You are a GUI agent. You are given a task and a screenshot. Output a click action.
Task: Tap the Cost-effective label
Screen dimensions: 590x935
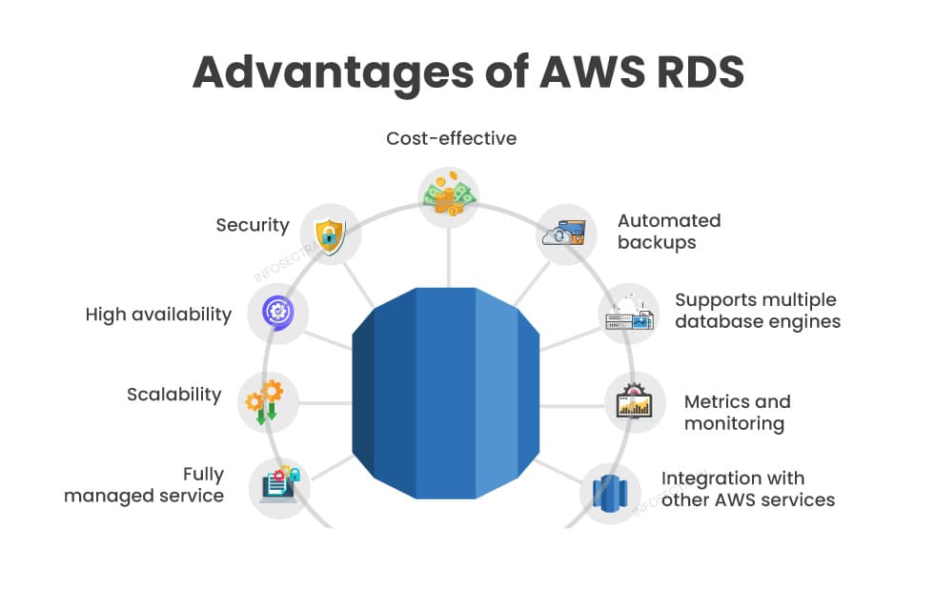pyautogui.click(x=451, y=138)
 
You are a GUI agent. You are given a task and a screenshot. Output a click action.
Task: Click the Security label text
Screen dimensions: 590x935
pyautogui.click(x=252, y=225)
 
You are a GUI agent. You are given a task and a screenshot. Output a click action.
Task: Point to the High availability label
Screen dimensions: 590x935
pyautogui.click(x=158, y=314)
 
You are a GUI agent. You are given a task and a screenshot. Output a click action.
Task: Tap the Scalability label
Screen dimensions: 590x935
pyautogui.click(x=173, y=394)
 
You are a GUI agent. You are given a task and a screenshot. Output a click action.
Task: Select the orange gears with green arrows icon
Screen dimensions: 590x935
pyautogui.click(x=264, y=401)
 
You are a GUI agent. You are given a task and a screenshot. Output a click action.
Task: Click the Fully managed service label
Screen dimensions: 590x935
pyautogui.click(x=144, y=484)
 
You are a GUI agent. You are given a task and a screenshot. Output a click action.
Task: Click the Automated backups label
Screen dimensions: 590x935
pyautogui.click(x=669, y=231)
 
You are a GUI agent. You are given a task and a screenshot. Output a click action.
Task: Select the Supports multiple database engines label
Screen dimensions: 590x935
pyautogui.click(x=758, y=311)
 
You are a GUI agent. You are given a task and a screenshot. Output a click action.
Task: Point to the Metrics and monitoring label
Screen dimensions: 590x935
pyautogui.click(x=737, y=412)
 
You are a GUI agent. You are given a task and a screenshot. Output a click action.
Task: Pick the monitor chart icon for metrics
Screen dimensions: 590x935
pyautogui.click(x=635, y=401)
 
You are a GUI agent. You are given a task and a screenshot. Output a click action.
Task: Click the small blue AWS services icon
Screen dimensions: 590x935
pyautogui.click(x=610, y=493)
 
